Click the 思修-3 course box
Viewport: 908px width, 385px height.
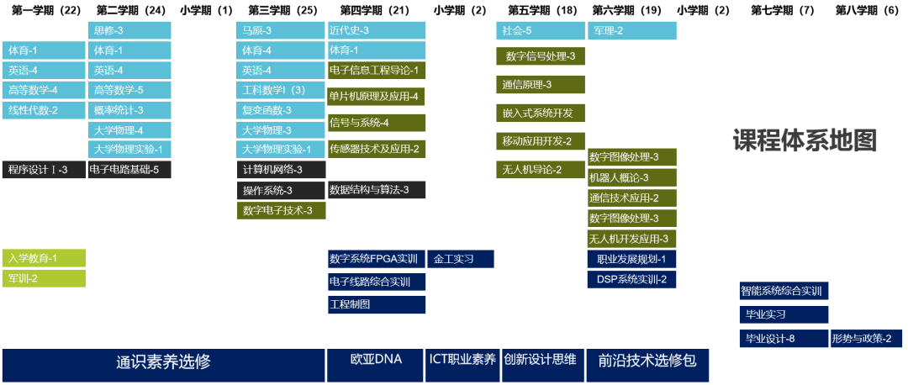[x=129, y=30]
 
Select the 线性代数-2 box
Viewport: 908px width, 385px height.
[x=43, y=110]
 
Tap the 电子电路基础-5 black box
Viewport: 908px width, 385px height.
[x=129, y=170]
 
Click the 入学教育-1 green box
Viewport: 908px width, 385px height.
[x=43, y=258]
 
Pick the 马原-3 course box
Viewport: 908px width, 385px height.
[x=280, y=30]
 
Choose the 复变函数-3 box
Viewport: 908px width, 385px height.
[x=280, y=110]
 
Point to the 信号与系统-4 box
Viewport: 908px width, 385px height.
[x=376, y=123]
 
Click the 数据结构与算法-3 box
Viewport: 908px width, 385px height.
[x=376, y=190]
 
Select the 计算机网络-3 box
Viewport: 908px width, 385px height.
[x=280, y=170]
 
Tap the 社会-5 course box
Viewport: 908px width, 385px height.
[x=539, y=30]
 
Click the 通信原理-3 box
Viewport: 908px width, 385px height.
[x=539, y=85]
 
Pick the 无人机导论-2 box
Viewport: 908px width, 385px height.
[x=539, y=170]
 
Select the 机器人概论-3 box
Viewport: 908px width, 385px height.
[x=631, y=178]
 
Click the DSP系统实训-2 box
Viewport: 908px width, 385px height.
[x=631, y=279]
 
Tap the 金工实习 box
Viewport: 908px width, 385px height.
[x=461, y=259]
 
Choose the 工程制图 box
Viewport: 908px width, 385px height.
[x=376, y=304]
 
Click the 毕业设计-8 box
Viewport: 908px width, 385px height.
[x=782, y=339]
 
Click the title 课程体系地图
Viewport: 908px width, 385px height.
[x=805, y=141]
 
